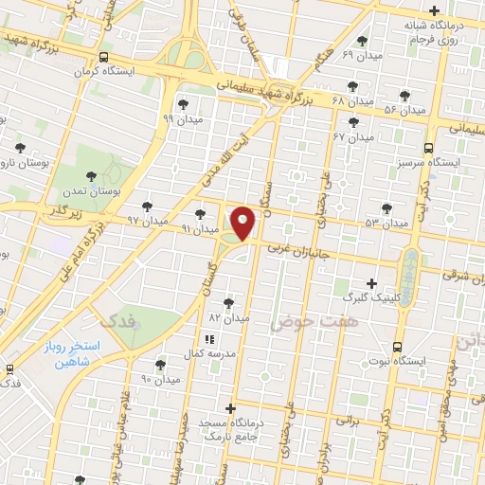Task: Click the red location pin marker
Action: [x=243, y=222]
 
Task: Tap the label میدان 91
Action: [x=200, y=228]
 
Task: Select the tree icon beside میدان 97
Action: [x=147, y=206]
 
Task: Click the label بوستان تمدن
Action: [x=90, y=192]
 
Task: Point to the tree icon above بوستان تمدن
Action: [x=91, y=176]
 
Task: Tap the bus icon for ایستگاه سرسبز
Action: [x=429, y=148]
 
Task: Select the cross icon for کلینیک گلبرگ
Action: [x=371, y=283]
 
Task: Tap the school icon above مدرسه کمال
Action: [x=208, y=338]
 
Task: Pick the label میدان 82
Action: [x=228, y=318]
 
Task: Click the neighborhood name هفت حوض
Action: [x=297, y=324]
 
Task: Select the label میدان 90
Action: [x=160, y=379]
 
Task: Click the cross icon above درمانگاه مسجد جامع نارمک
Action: [x=230, y=408]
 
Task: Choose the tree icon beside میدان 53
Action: [x=386, y=207]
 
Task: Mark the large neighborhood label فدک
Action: [x=117, y=321]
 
